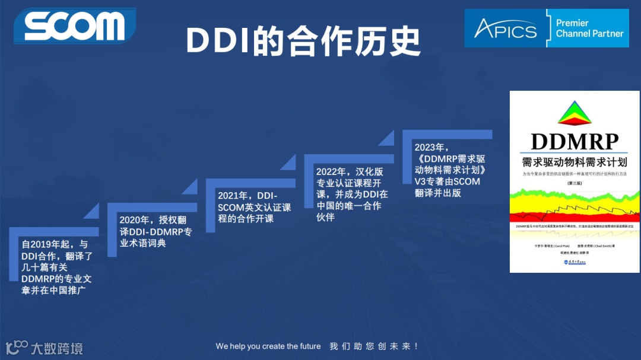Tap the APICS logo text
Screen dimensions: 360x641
pos(505,29)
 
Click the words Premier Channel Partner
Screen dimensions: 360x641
pos(589,28)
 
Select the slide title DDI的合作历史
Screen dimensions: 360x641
pos(303,41)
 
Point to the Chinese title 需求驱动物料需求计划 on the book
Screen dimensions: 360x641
pos(575,162)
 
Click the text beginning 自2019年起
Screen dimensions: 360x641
pos(55,244)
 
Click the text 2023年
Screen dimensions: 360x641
pos(431,148)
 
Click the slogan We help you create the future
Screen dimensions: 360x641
pos(268,346)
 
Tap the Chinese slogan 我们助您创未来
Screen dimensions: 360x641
pos(374,346)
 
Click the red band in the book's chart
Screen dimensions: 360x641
pos(575,216)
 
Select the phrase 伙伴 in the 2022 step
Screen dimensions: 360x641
pos(325,217)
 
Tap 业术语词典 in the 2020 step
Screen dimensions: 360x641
pos(143,243)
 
